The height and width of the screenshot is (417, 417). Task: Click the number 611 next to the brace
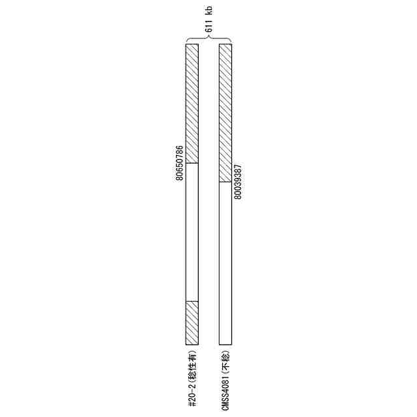(x=209, y=26)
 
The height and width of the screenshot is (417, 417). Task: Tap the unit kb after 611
(x=209, y=10)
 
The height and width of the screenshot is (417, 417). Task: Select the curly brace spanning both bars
(x=208, y=38)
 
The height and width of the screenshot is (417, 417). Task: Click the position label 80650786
(x=180, y=163)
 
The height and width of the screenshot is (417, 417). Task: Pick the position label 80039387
(x=238, y=182)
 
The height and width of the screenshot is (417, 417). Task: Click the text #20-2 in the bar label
(x=193, y=395)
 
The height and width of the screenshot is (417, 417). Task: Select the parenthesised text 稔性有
(x=193, y=365)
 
